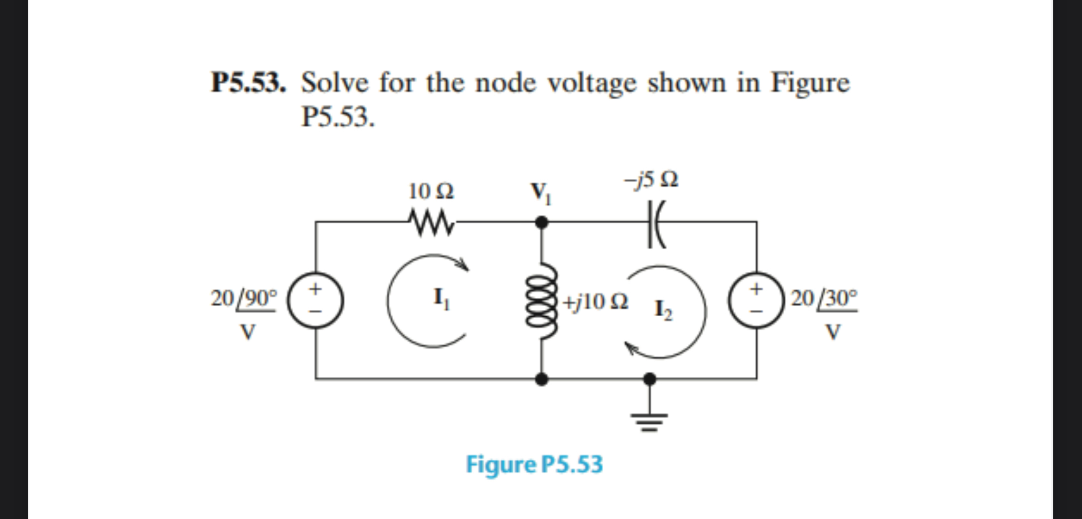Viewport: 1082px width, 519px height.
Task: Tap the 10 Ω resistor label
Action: click(431, 192)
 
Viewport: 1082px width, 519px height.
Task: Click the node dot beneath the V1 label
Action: click(541, 222)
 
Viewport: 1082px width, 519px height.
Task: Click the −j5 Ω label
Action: click(651, 180)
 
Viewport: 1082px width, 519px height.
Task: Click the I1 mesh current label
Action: click(441, 298)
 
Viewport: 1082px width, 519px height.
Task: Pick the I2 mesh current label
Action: click(663, 310)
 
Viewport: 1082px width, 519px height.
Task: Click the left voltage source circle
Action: click(315, 301)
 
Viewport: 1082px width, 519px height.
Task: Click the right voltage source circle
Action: click(756, 301)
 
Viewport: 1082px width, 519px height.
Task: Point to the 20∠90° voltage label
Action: click(244, 298)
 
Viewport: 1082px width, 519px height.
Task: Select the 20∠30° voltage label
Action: click(824, 298)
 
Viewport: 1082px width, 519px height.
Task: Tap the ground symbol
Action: click(649, 419)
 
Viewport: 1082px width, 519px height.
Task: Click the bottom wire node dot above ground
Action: click(649, 378)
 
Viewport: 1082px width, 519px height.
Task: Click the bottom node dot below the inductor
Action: click(541, 378)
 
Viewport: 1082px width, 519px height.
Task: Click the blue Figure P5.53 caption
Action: click(534, 464)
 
